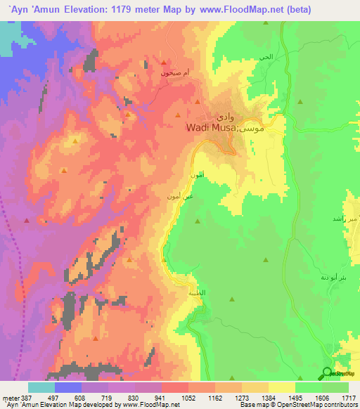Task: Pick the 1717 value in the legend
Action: coord(348,397)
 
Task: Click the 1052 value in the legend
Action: coord(188,397)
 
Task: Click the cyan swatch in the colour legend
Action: coord(41,387)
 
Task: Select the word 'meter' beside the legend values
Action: coord(10,397)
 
